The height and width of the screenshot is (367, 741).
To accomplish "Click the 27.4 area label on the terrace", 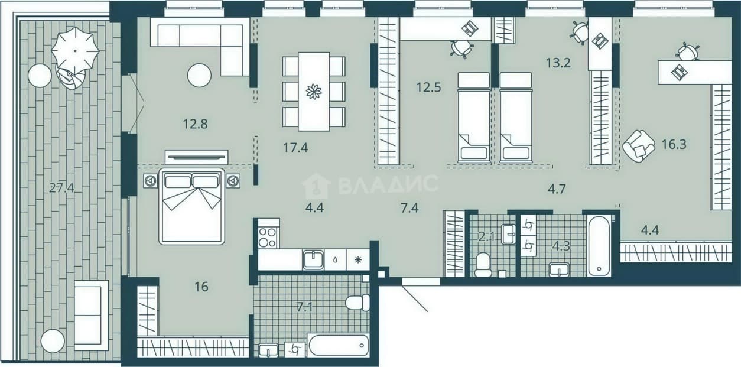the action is click(x=61, y=188).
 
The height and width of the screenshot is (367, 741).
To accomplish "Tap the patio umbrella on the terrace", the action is click(x=76, y=51).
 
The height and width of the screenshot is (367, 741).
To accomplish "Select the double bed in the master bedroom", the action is click(x=191, y=206).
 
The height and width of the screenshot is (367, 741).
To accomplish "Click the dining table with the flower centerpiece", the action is click(x=314, y=92).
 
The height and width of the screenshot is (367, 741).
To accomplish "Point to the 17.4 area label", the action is click(x=295, y=148).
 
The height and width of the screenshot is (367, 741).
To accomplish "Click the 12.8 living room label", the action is click(x=195, y=124).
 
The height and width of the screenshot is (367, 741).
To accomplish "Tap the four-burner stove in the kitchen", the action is click(x=267, y=237).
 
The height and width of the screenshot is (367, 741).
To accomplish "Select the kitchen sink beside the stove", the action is click(x=313, y=260).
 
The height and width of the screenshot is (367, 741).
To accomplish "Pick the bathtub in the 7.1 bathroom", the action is click(x=338, y=345).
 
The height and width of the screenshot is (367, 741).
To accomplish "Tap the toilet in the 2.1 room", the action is click(x=483, y=265).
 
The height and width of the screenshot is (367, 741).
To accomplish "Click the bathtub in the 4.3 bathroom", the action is click(x=599, y=245).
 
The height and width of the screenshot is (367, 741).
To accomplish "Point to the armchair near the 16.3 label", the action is click(x=638, y=146).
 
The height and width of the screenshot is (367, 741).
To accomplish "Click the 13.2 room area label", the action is click(x=558, y=63).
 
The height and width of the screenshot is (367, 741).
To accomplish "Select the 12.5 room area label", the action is click(x=429, y=87).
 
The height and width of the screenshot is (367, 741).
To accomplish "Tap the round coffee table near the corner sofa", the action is click(x=199, y=75).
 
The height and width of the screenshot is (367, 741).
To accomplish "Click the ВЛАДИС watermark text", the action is click(x=388, y=184).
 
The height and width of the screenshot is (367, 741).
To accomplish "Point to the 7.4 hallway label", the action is click(x=409, y=208).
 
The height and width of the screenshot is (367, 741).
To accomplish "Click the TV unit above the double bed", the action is click(x=197, y=157).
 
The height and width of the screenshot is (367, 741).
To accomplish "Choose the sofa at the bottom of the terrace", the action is click(x=92, y=316).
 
